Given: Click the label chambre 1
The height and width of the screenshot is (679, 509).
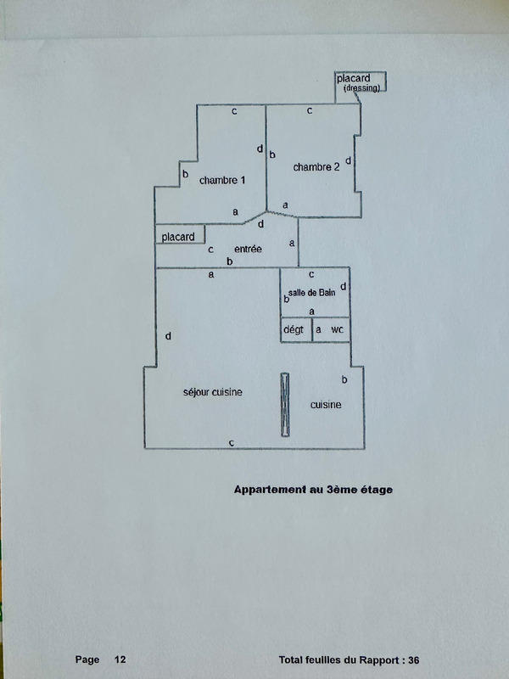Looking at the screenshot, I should click(222, 181).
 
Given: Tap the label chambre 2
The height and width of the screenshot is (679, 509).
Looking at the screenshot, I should click(316, 167).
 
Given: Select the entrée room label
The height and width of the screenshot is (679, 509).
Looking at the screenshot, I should click(248, 249).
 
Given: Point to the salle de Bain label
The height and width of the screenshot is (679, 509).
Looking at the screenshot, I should click(314, 293).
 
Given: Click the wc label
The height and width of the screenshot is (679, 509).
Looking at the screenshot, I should click(337, 329).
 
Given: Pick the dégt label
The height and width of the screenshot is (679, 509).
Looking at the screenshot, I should click(293, 329).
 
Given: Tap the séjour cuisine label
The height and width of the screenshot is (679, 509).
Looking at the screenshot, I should click(213, 392).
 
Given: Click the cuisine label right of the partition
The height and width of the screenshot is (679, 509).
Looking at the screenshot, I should click(326, 405).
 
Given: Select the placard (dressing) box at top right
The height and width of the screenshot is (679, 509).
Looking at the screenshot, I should click(361, 81).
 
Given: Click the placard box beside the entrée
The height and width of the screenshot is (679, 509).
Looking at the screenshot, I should click(179, 236).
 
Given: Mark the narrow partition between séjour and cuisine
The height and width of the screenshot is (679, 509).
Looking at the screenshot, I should click(286, 405).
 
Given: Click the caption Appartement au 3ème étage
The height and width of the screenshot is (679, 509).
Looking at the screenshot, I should click(313, 490).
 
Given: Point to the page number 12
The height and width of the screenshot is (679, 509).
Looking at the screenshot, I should click(120, 659).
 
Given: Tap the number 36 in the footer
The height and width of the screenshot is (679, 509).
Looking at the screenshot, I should click(413, 659).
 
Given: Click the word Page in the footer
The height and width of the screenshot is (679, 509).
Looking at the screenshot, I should click(87, 659).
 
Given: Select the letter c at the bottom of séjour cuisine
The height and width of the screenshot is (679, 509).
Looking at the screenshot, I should click(231, 442).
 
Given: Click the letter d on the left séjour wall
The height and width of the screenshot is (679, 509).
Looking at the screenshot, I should click(168, 337).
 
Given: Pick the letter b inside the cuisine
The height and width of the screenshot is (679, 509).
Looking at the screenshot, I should click(344, 379).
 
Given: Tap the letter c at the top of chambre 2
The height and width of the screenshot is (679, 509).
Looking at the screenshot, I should click(310, 110).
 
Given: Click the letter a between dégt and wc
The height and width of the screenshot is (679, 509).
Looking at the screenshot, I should click(318, 329).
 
